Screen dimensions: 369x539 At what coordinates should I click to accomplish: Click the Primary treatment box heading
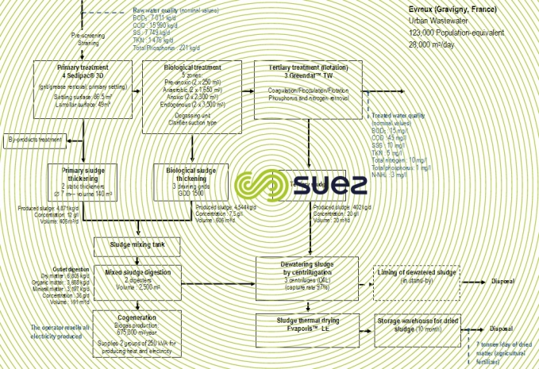[75, 68]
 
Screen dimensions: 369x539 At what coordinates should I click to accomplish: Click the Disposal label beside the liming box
[502, 279]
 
